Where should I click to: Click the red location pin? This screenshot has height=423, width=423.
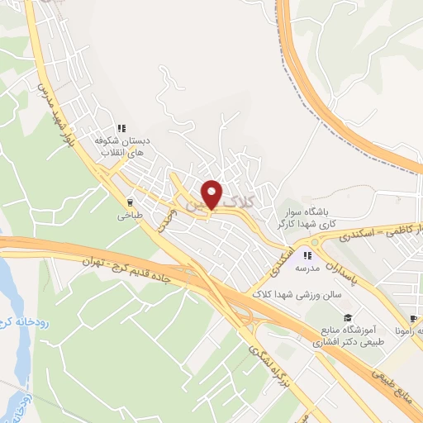pos(212,194)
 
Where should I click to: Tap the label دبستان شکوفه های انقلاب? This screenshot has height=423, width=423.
pos(121,147)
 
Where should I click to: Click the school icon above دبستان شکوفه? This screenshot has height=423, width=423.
pos(121,127)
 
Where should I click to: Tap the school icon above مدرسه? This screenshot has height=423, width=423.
pos(310,254)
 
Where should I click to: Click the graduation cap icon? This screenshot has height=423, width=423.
pos(348,318)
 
